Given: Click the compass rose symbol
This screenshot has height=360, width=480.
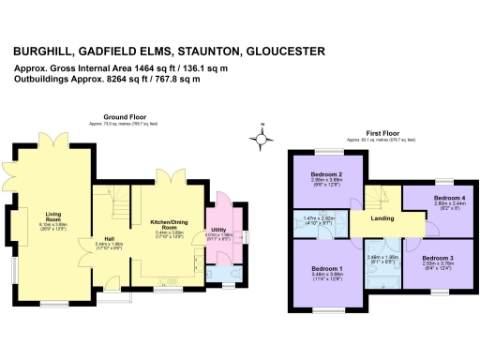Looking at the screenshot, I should (x=263, y=139).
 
